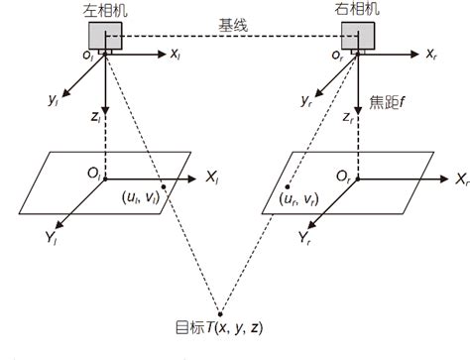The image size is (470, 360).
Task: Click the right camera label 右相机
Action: point(357,9)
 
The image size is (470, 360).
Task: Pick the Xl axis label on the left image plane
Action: point(213,179)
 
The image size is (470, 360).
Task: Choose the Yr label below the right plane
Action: point(305,237)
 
